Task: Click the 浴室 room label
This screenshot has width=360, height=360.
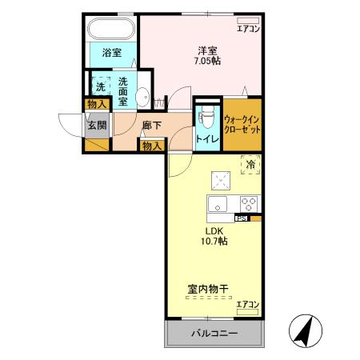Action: click(x=112, y=54)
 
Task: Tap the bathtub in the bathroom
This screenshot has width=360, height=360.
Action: click(x=112, y=30)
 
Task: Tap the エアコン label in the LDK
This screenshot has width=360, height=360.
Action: click(x=248, y=304)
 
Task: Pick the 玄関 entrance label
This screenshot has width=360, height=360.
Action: click(x=97, y=125)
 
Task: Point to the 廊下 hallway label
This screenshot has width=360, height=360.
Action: click(x=152, y=125)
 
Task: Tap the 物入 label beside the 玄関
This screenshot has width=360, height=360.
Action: click(x=97, y=105)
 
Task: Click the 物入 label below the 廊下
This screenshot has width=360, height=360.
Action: click(x=152, y=145)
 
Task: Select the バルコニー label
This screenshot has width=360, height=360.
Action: click(x=214, y=333)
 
